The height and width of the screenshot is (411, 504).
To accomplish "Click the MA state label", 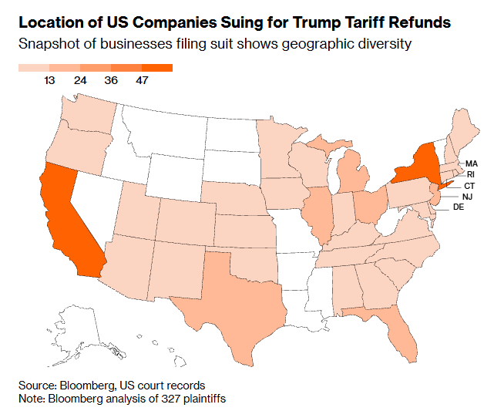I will click(472, 163).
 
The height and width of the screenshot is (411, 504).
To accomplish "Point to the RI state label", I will click(471, 175).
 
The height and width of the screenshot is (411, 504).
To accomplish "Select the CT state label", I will click(469, 186).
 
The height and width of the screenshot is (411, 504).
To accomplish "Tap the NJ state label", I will click(468, 197).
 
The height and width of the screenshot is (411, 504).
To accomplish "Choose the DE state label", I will click(458, 207).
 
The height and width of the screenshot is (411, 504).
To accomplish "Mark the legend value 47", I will click(142, 81).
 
